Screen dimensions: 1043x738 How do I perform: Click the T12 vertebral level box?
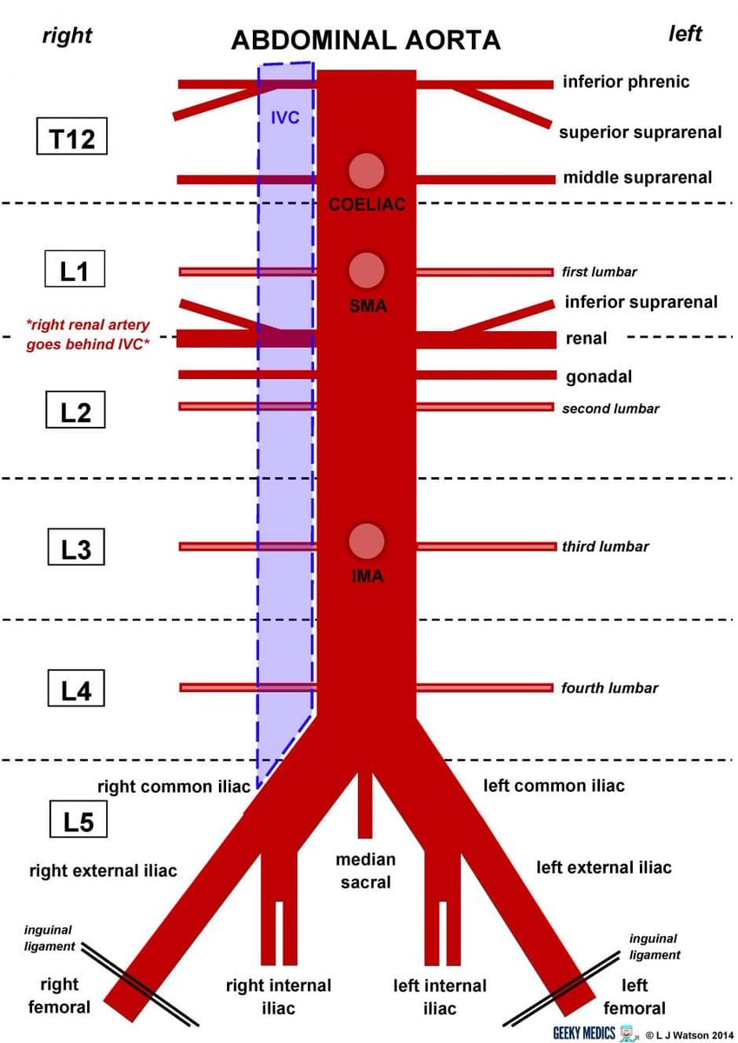pyautogui.click(x=74, y=137)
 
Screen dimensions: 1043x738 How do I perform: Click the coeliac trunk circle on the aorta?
pyautogui.click(x=366, y=170)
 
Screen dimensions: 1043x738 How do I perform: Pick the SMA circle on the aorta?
pyautogui.click(x=366, y=270)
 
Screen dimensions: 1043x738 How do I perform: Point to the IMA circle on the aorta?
pyautogui.click(x=366, y=541)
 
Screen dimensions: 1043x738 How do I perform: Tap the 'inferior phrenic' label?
pyautogui.click(x=626, y=83)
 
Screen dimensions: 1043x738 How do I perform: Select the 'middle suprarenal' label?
pyautogui.click(x=637, y=178)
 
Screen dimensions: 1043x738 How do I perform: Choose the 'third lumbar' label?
pyautogui.click(x=605, y=547)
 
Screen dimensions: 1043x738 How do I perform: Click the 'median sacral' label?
pyautogui.click(x=366, y=871)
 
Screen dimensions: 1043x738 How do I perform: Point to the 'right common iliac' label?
pyautogui.click(x=174, y=787)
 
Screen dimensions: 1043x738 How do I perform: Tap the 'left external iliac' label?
pyautogui.click(x=603, y=867)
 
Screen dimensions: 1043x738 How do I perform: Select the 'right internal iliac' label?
pyautogui.click(x=278, y=997)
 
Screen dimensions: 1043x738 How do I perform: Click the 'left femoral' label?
pyautogui.click(x=635, y=997)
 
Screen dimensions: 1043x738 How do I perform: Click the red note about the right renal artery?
pyautogui.click(x=87, y=332)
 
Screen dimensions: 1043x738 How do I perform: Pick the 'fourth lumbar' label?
pyautogui.click(x=608, y=688)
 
